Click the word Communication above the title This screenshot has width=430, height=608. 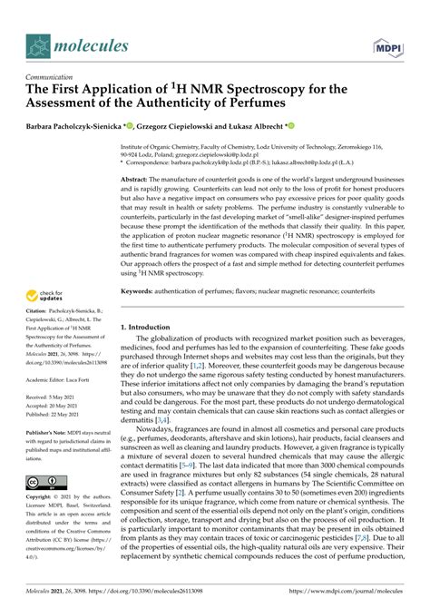(x=54, y=78)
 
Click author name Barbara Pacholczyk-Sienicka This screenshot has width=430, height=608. (x=81, y=130)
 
